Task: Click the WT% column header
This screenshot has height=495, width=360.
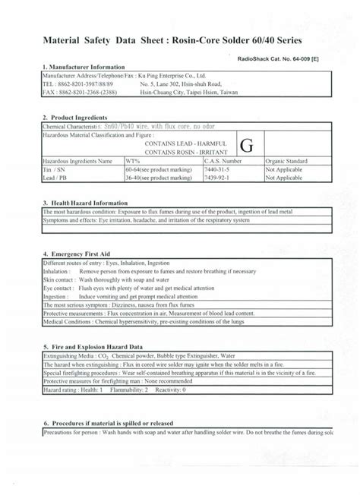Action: pos(134,162)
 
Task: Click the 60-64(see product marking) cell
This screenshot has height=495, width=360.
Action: pos(158,170)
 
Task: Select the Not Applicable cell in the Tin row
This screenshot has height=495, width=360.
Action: pos(286,170)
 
